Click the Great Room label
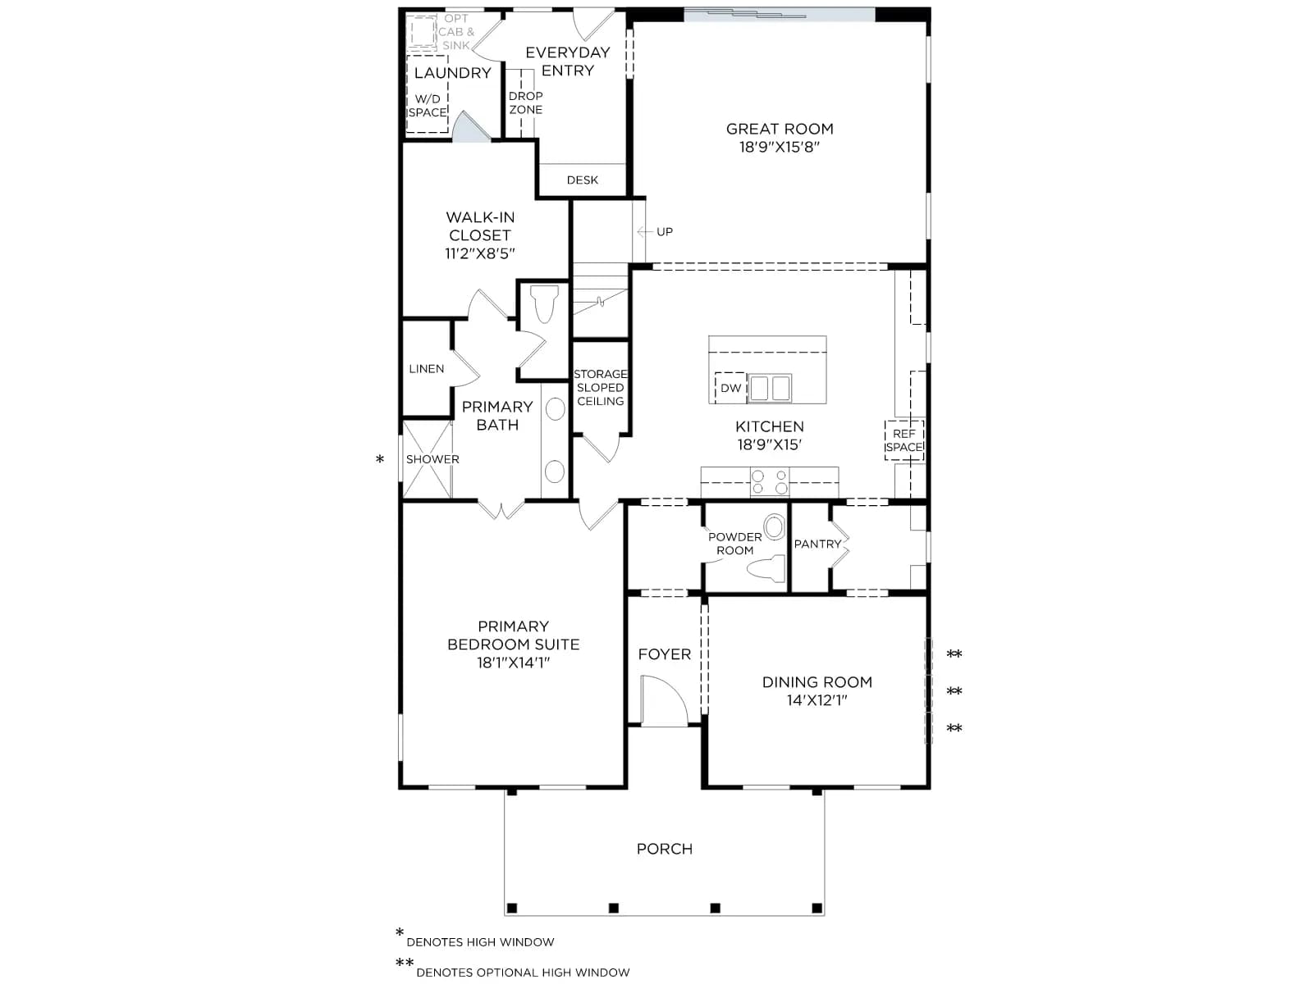[x=779, y=129]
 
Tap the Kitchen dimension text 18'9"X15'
[x=769, y=444]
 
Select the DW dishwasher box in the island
[x=730, y=388]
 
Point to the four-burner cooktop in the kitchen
[x=769, y=482]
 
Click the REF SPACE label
[x=904, y=440]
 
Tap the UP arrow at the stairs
[x=645, y=231]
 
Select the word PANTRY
[x=817, y=544]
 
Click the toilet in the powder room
[x=766, y=568]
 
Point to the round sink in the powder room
[x=775, y=527]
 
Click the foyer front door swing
[x=664, y=700]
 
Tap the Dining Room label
[x=817, y=682]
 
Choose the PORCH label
[x=664, y=849]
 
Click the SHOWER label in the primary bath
[x=432, y=459]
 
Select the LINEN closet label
[x=427, y=369]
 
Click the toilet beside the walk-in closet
[x=544, y=303]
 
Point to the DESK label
[x=582, y=180]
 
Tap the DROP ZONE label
[x=526, y=102]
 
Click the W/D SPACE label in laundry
[x=427, y=106]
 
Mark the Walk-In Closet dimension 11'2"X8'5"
[x=480, y=253]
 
